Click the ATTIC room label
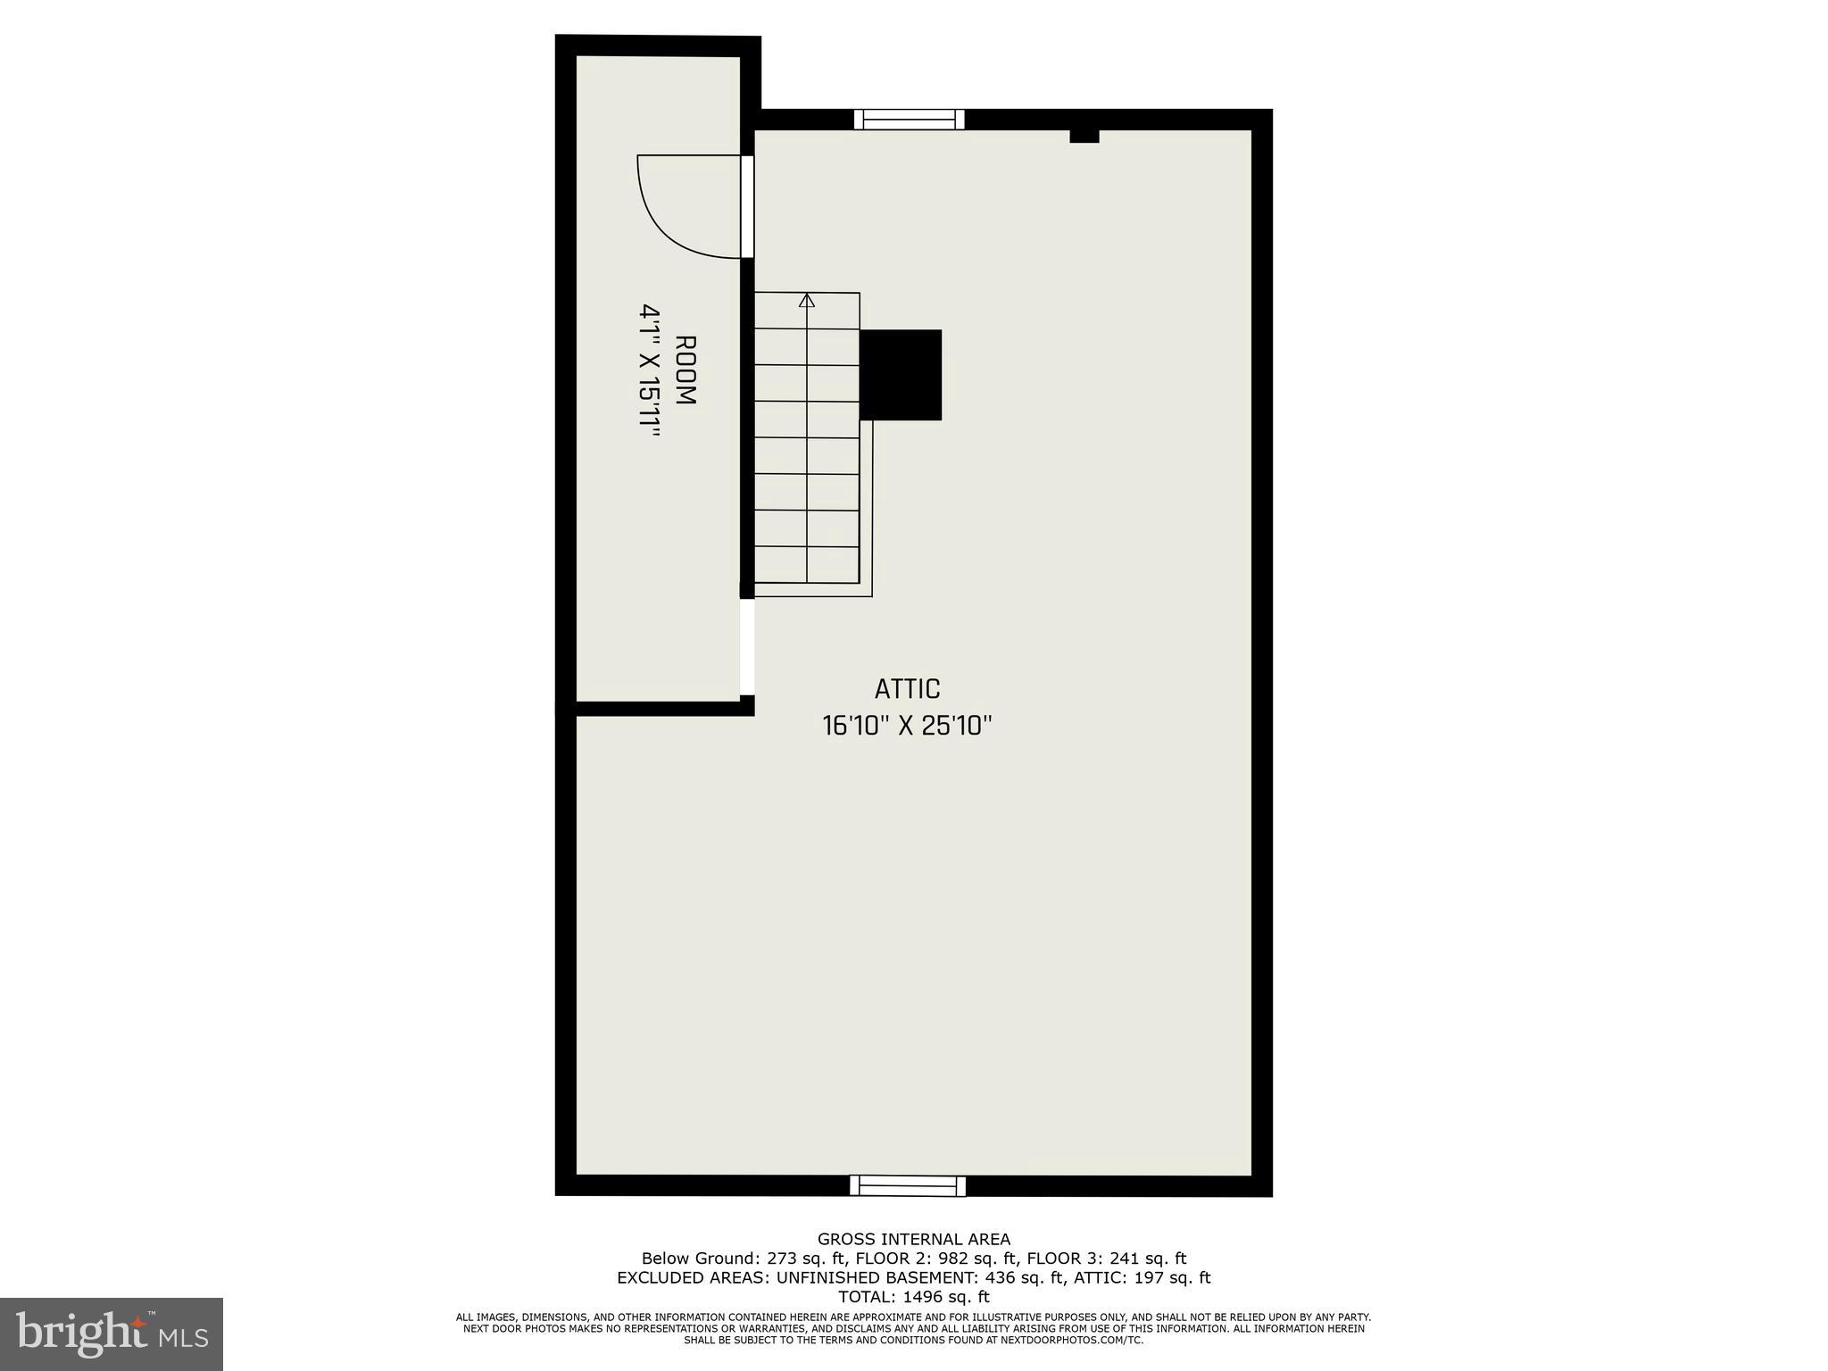(907, 689)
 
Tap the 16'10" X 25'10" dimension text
(907, 726)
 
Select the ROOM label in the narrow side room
(685, 370)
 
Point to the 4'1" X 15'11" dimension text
(650, 370)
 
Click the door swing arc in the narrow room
(669, 223)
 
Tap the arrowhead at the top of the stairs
(807, 300)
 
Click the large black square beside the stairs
(901, 375)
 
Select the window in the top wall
(910, 120)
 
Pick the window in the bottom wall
(908, 1185)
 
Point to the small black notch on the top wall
(1084, 137)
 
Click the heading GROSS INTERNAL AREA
(914, 1239)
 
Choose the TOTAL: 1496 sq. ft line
(914, 1297)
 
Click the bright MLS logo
(112, 1334)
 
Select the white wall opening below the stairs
(747, 646)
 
